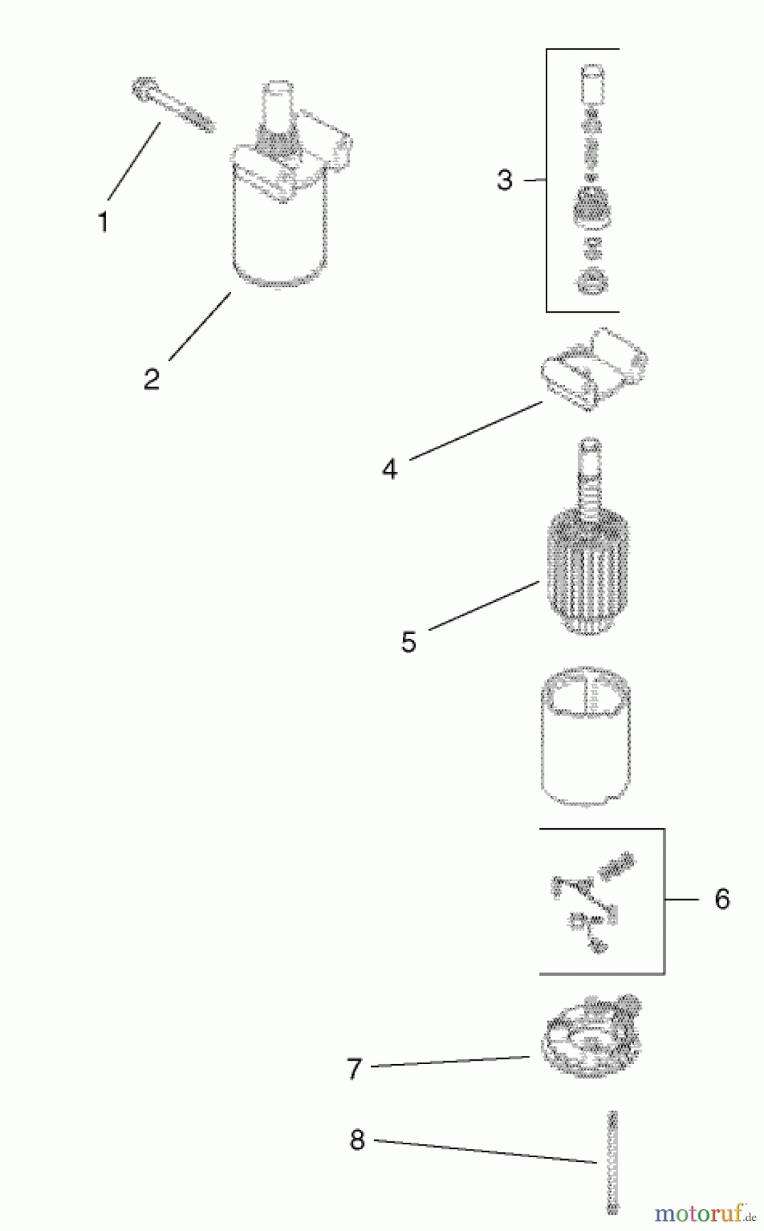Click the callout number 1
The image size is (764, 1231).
point(103,222)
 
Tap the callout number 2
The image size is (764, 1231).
point(151,379)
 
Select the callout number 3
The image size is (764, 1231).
point(504,180)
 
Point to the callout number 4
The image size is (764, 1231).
point(389,469)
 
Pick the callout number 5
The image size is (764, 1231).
point(408,642)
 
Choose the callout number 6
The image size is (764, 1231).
point(722,899)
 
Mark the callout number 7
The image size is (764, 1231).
point(354,1069)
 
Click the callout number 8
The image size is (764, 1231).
point(357,1140)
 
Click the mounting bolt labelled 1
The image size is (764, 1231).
point(172,106)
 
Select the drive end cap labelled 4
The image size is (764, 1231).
point(594,369)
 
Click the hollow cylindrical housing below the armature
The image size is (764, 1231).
point(586,735)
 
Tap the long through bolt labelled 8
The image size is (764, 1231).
point(612,1162)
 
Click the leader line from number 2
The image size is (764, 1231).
point(200,326)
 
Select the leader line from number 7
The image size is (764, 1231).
point(450,1061)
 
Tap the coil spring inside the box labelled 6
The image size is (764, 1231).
point(616,866)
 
